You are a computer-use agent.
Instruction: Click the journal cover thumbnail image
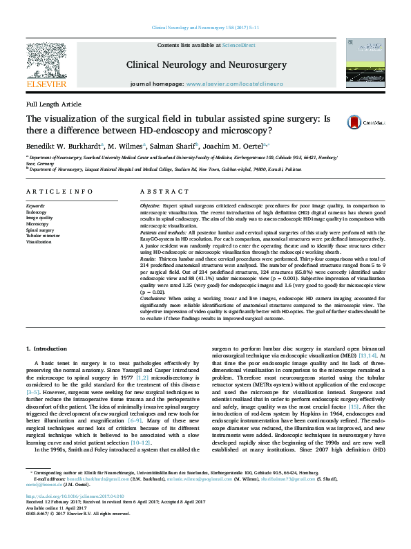coord(360,62)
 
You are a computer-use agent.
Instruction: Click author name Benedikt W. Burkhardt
coord(63,146)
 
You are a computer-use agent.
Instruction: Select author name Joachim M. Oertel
coord(226,146)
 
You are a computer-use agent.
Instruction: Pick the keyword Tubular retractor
coord(43,236)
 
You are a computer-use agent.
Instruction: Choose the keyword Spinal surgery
coord(39,230)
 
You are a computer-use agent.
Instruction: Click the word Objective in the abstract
coord(150,207)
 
